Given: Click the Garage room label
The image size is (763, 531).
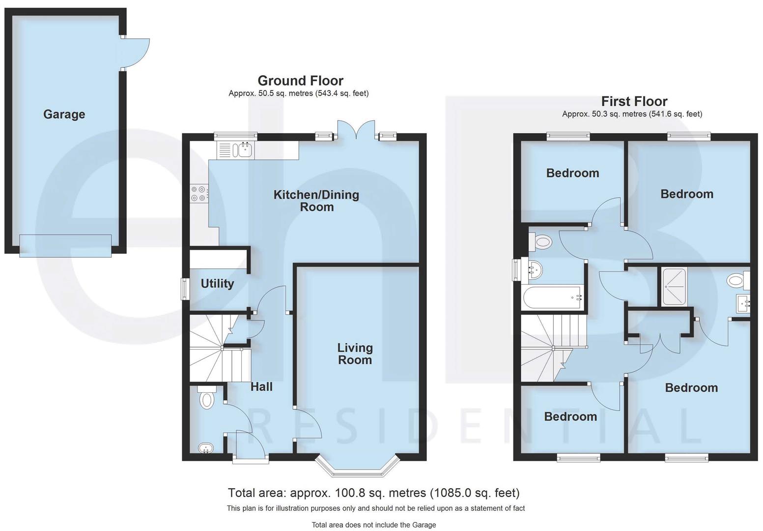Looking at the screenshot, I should tap(64, 115).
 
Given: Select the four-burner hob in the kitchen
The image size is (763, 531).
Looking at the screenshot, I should tap(199, 193).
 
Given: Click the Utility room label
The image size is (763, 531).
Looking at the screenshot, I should tap(217, 284).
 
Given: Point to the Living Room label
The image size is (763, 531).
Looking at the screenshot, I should tap(355, 354).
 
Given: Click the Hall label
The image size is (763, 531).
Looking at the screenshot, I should tap(261, 387).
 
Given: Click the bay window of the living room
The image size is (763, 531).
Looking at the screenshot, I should tap(356, 470).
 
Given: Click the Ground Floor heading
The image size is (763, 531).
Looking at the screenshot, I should tap(300, 81).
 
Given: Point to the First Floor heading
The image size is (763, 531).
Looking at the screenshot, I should tap(634, 102).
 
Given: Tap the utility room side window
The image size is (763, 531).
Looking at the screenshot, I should tap(185, 289).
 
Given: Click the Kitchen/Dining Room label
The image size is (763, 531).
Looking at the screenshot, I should tap(316, 201).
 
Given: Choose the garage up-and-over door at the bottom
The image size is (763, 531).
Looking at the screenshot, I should tap(65, 245).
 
